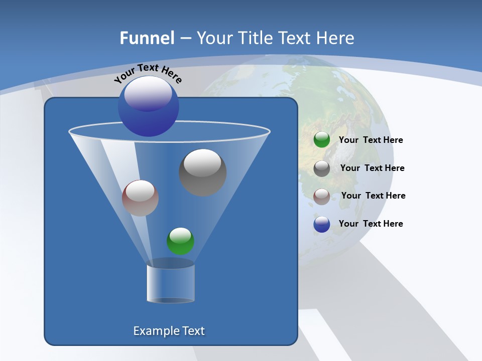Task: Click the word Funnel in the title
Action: click(x=147, y=38)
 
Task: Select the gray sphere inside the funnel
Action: click(x=202, y=172)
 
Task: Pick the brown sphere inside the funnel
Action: click(x=140, y=198)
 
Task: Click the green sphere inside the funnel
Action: click(x=180, y=241)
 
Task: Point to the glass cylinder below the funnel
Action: click(x=170, y=283)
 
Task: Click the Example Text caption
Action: click(x=169, y=331)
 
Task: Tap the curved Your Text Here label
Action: click(x=148, y=73)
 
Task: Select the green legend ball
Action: click(x=322, y=140)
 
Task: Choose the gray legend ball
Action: click(x=322, y=168)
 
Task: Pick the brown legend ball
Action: click(x=322, y=197)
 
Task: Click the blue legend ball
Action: click(x=322, y=225)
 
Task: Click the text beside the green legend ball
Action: click(x=371, y=140)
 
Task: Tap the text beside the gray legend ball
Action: click(x=372, y=168)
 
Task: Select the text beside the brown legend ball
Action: click(x=373, y=196)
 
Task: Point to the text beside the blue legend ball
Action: click(x=371, y=224)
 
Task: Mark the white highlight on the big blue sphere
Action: click(x=148, y=93)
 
